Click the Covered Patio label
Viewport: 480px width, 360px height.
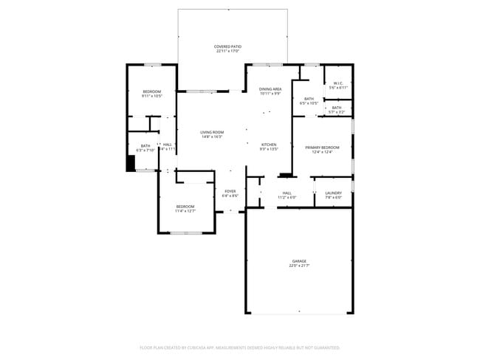228,46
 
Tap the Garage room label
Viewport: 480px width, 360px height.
298,261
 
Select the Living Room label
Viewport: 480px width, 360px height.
212,132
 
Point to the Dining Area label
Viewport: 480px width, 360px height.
270,89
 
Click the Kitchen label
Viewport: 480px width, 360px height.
269,144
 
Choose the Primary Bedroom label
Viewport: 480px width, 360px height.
323,148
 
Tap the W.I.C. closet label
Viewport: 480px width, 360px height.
337,83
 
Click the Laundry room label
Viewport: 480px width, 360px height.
333,193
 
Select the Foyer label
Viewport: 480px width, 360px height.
230,192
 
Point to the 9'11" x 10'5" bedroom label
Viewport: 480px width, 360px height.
151,91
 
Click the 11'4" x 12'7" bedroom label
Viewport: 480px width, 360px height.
185,206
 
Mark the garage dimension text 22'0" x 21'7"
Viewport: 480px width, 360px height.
298,266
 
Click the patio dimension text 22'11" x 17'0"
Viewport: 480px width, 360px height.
228,52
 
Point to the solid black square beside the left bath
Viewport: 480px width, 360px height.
131,163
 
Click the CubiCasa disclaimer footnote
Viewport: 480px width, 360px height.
239,347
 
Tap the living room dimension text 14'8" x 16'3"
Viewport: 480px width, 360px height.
212,136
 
